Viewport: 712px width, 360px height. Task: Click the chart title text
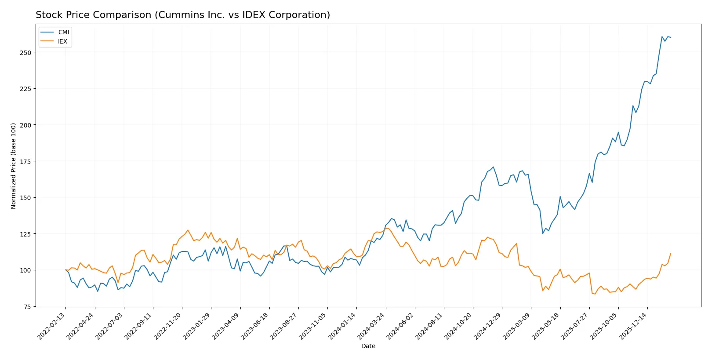[x=182, y=15]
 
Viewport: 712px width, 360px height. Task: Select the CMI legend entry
[x=63, y=32]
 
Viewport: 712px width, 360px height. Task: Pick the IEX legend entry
[x=62, y=41]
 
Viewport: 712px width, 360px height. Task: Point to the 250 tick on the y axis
[x=25, y=52]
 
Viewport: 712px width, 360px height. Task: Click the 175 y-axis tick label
[x=25, y=161]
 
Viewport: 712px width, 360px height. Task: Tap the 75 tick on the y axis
[x=27, y=307]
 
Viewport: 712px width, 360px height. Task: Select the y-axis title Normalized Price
[x=14, y=166]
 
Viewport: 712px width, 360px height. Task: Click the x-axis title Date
[x=368, y=346]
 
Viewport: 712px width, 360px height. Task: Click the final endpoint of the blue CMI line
[x=671, y=37]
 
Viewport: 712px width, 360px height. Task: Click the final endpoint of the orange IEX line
[x=671, y=253]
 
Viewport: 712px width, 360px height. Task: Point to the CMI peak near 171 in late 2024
[x=493, y=167]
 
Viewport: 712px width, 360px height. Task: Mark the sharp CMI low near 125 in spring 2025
[x=543, y=233]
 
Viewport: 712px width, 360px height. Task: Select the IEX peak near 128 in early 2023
[x=188, y=230]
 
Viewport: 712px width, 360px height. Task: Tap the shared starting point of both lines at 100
[x=66, y=270]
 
